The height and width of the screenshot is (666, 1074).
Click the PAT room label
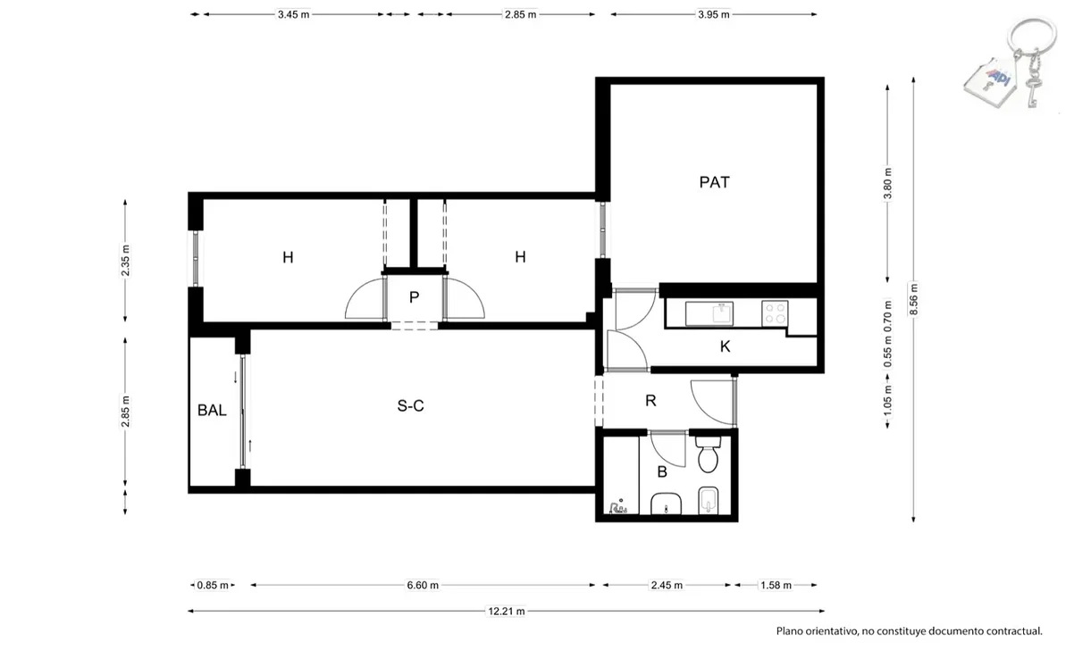(x=715, y=182)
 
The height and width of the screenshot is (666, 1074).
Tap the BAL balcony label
(x=212, y=410)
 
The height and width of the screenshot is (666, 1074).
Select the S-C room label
(x=410, y=406)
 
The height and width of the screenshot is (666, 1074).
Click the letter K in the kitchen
(x=725, y=346)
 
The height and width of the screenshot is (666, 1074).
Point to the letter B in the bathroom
(x=662, y=472)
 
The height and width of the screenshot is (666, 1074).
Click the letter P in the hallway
(x=415, y=297)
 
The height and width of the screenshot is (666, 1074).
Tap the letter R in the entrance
(x=650, y=401)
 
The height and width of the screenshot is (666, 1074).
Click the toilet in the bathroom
(x=709, y=454)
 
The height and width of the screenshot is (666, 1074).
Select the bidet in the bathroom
(x=709, y=501)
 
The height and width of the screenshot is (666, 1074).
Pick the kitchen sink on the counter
(x=709, y=314)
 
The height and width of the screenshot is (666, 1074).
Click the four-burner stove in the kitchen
(x=775, y=314)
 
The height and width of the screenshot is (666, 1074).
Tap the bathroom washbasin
(x=666, y=504)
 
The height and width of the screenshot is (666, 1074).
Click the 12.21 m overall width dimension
(x=507, y=612)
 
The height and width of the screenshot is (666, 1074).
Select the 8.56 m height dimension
(x=914, y=299)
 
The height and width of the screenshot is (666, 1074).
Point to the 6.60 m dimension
(x=423, y=585)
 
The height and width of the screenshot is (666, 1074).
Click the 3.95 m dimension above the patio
(x=713, y=14)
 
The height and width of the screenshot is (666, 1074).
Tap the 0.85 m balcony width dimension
(x=213, y=585)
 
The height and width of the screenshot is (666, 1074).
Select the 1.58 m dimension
(x=776, y=585)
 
